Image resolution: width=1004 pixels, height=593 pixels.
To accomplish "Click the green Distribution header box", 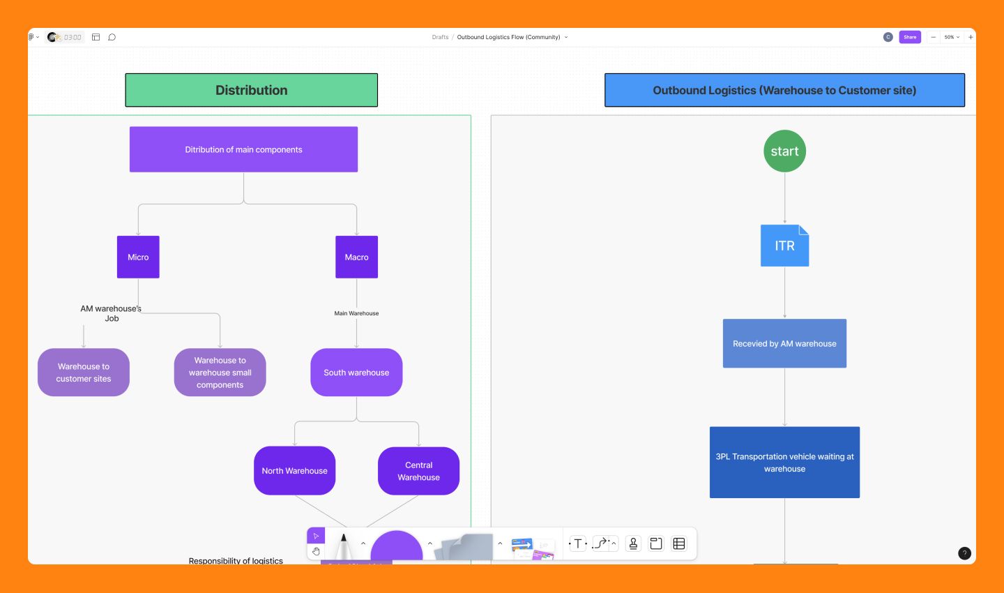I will pyautogui.click(x=251, y=90).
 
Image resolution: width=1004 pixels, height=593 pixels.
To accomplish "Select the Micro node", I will pyautogui.click(x=138, y=257).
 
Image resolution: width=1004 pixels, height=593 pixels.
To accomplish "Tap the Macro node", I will pyautogui.click(x=356, y=257).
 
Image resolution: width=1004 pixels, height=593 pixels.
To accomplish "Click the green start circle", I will pyautogui.click(x=784, y=151).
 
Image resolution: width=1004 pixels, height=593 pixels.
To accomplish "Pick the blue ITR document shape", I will pyautogui.click(x=784, y=246).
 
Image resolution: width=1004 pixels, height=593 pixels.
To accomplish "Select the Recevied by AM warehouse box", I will pyautogui.click(x=784, y=343).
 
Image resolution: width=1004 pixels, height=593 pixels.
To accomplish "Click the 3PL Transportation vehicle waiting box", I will pyautogui.click(x=784, y=462).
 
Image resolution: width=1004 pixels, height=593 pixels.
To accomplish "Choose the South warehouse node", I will pyautogui.click(x=356, y=372).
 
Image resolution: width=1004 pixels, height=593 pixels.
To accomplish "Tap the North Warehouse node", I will pyautogui.click(x=294, y=470).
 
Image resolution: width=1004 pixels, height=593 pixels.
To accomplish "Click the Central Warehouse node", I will pyautogui.click(x=418, y=471).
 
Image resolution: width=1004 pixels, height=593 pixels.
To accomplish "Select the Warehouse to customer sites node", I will pyautogui.click(x=84, y=372).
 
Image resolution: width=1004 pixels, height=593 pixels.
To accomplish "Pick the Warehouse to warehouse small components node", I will pyautogui.click(x=220, y=372).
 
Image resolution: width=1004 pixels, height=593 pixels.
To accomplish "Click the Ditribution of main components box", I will pyautogui.click(x=243, y=149).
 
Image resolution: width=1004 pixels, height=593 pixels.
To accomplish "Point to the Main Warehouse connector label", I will pyautogui.click(x=356, y=313).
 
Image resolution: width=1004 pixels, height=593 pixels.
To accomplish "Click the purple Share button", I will pyautogui.click(x=910, y=37).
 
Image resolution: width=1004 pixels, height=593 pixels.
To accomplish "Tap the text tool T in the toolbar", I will pyautogui.click(x=578, y=543).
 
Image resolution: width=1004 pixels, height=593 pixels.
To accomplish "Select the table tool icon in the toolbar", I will pyautogui.click(x=679, y=543).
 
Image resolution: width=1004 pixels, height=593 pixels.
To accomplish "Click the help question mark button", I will pyautogui.click(x=964, y=553).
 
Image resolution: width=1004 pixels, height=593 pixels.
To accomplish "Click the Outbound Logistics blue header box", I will pyautogui.click(x=784, y=90).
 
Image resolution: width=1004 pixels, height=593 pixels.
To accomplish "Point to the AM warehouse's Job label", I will pyautogui.click(x=111, y=313).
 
